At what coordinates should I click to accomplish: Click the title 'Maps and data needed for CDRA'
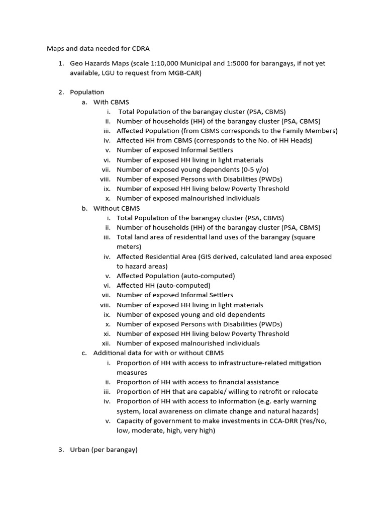coord(98,48)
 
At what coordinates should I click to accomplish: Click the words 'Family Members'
coord(311,131)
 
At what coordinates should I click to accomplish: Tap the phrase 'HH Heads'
coord(297,140)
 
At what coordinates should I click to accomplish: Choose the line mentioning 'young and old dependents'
coord(190,314)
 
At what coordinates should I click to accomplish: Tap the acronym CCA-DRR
coord(279,421)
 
